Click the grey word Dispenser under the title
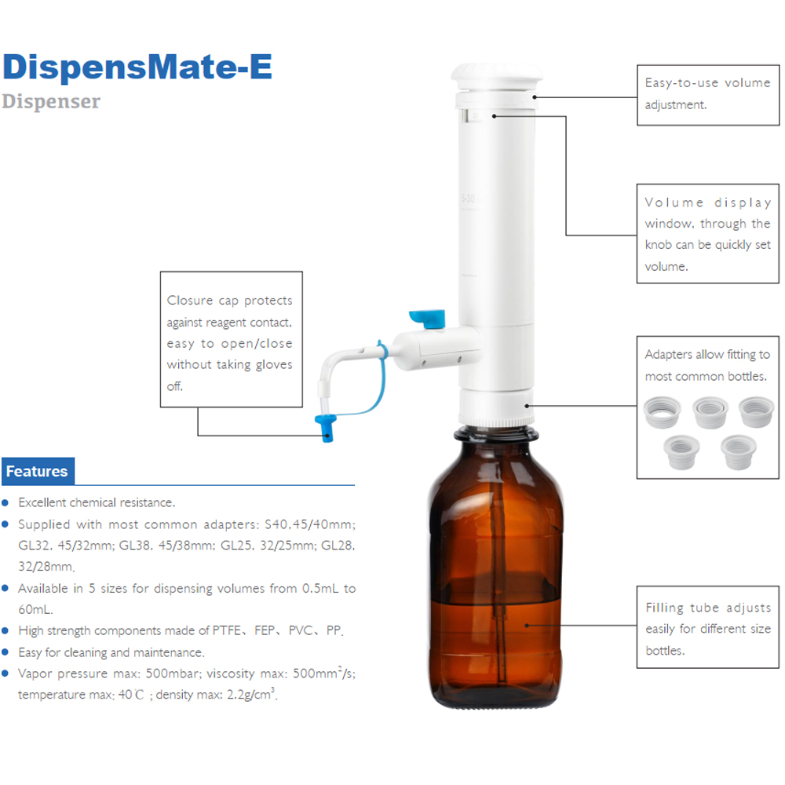[51, 101]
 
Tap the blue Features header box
[38, 472]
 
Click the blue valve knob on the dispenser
[429, 318]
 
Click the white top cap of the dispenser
[496, 78]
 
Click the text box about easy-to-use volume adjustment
[707, 93]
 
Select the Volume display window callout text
[707, 234]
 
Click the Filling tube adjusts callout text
[707, 629]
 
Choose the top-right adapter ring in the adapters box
[757, 411]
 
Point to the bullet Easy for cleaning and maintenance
[111, 652]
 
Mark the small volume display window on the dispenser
[475, 118]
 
